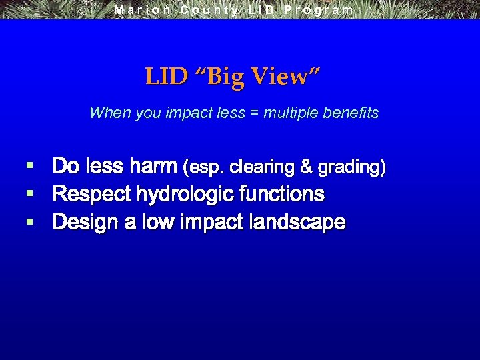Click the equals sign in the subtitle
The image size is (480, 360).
(255, 113)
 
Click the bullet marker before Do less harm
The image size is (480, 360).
(29, 165)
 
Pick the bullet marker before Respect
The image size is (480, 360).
(29, 193)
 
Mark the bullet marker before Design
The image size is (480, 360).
(29, 221)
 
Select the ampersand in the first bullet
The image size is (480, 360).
(306, 167)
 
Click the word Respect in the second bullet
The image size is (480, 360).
(92, 194)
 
